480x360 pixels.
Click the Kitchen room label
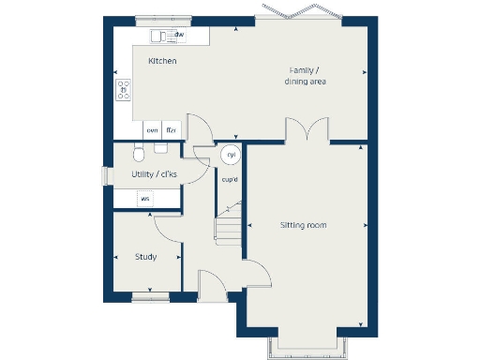[x=162, y=61]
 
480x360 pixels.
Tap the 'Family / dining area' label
[x=306, y=76]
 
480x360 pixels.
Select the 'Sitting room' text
[x=304, y=225]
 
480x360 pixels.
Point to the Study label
[x=145, y=257]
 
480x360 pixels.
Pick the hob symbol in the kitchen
[x=123, y=89]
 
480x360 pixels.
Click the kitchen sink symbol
[x=161, y=36]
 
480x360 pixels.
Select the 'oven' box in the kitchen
[x=152, y=130]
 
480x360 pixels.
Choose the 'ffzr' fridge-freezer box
[x=171, y=130]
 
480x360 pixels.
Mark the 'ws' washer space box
[x=144, y=199]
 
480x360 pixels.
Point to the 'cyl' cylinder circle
[x=230, y=155]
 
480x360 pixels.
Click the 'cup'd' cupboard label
[x=229, y=179]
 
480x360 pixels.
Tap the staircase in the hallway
[x=229, y=225]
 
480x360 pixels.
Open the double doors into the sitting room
[x=306, y=129]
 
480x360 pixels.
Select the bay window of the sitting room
[x=308, y=345]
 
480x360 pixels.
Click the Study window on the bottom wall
[x=151, y=298]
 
